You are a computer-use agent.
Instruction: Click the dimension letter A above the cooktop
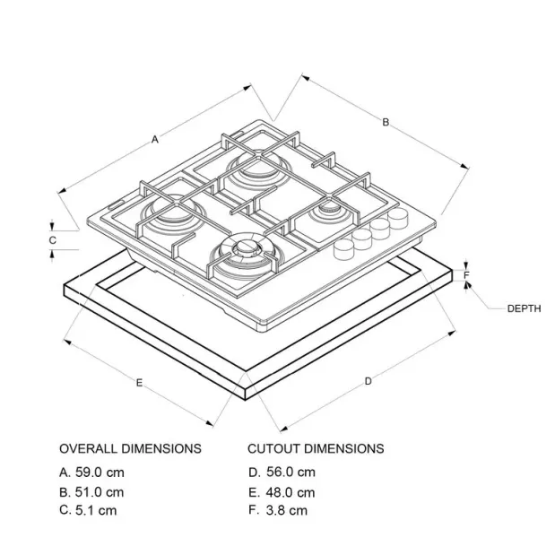[155, 140]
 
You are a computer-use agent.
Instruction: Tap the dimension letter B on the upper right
[386, 122]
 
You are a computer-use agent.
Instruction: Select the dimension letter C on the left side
[52, 240]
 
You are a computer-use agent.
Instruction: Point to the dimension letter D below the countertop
[369, 381]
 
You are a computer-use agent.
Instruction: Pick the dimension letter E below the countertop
[140, 383]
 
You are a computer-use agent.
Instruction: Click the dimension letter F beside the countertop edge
[466, 275]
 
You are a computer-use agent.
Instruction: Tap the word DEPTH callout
[525, 308]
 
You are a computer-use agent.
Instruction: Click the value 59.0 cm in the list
[100, 473]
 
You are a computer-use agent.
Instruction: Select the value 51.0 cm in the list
[100, 492]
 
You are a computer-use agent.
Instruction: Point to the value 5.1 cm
[96, 510]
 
